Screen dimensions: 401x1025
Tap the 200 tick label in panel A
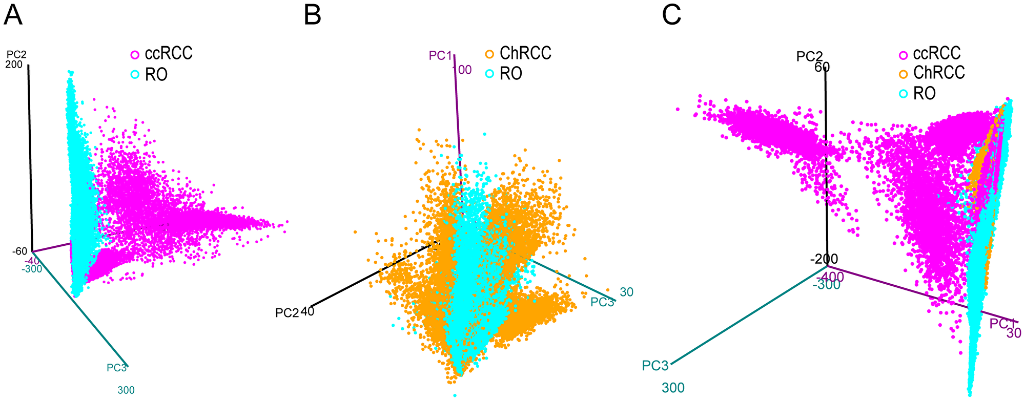point(14,65)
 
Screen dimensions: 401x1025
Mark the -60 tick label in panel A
point(20,251)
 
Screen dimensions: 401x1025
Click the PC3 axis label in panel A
point(116,368)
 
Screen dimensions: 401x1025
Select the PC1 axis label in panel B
point(440,55)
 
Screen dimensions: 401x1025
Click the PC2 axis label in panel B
point(286,313)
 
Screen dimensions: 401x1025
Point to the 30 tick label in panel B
point(626,292)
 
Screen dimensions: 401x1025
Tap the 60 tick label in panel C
point(822,67)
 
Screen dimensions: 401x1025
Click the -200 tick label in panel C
point(824,259)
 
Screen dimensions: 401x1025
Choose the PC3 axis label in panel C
point(655,366)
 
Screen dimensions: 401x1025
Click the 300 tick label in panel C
point(673,388)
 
